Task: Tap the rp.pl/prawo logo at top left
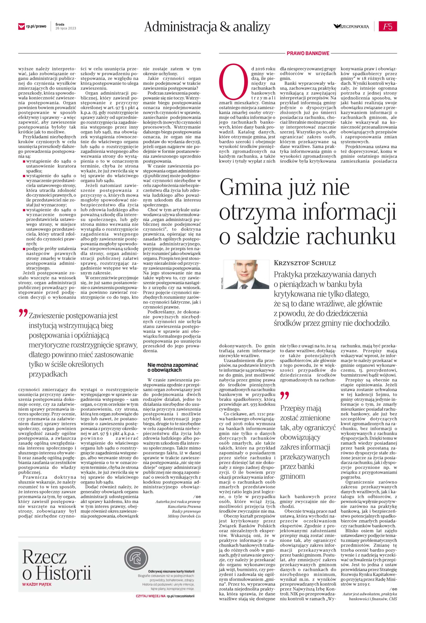(x=32, y=26)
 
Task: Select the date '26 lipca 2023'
(x=66, y=28)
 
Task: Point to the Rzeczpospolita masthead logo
(x=351, y=26)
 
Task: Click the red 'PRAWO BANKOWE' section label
(x=308, y=53)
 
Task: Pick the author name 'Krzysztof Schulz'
(x=304, y=263)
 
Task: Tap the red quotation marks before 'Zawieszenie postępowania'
(x=23, y=314)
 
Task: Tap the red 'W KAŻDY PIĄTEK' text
(x=37, y=569)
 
